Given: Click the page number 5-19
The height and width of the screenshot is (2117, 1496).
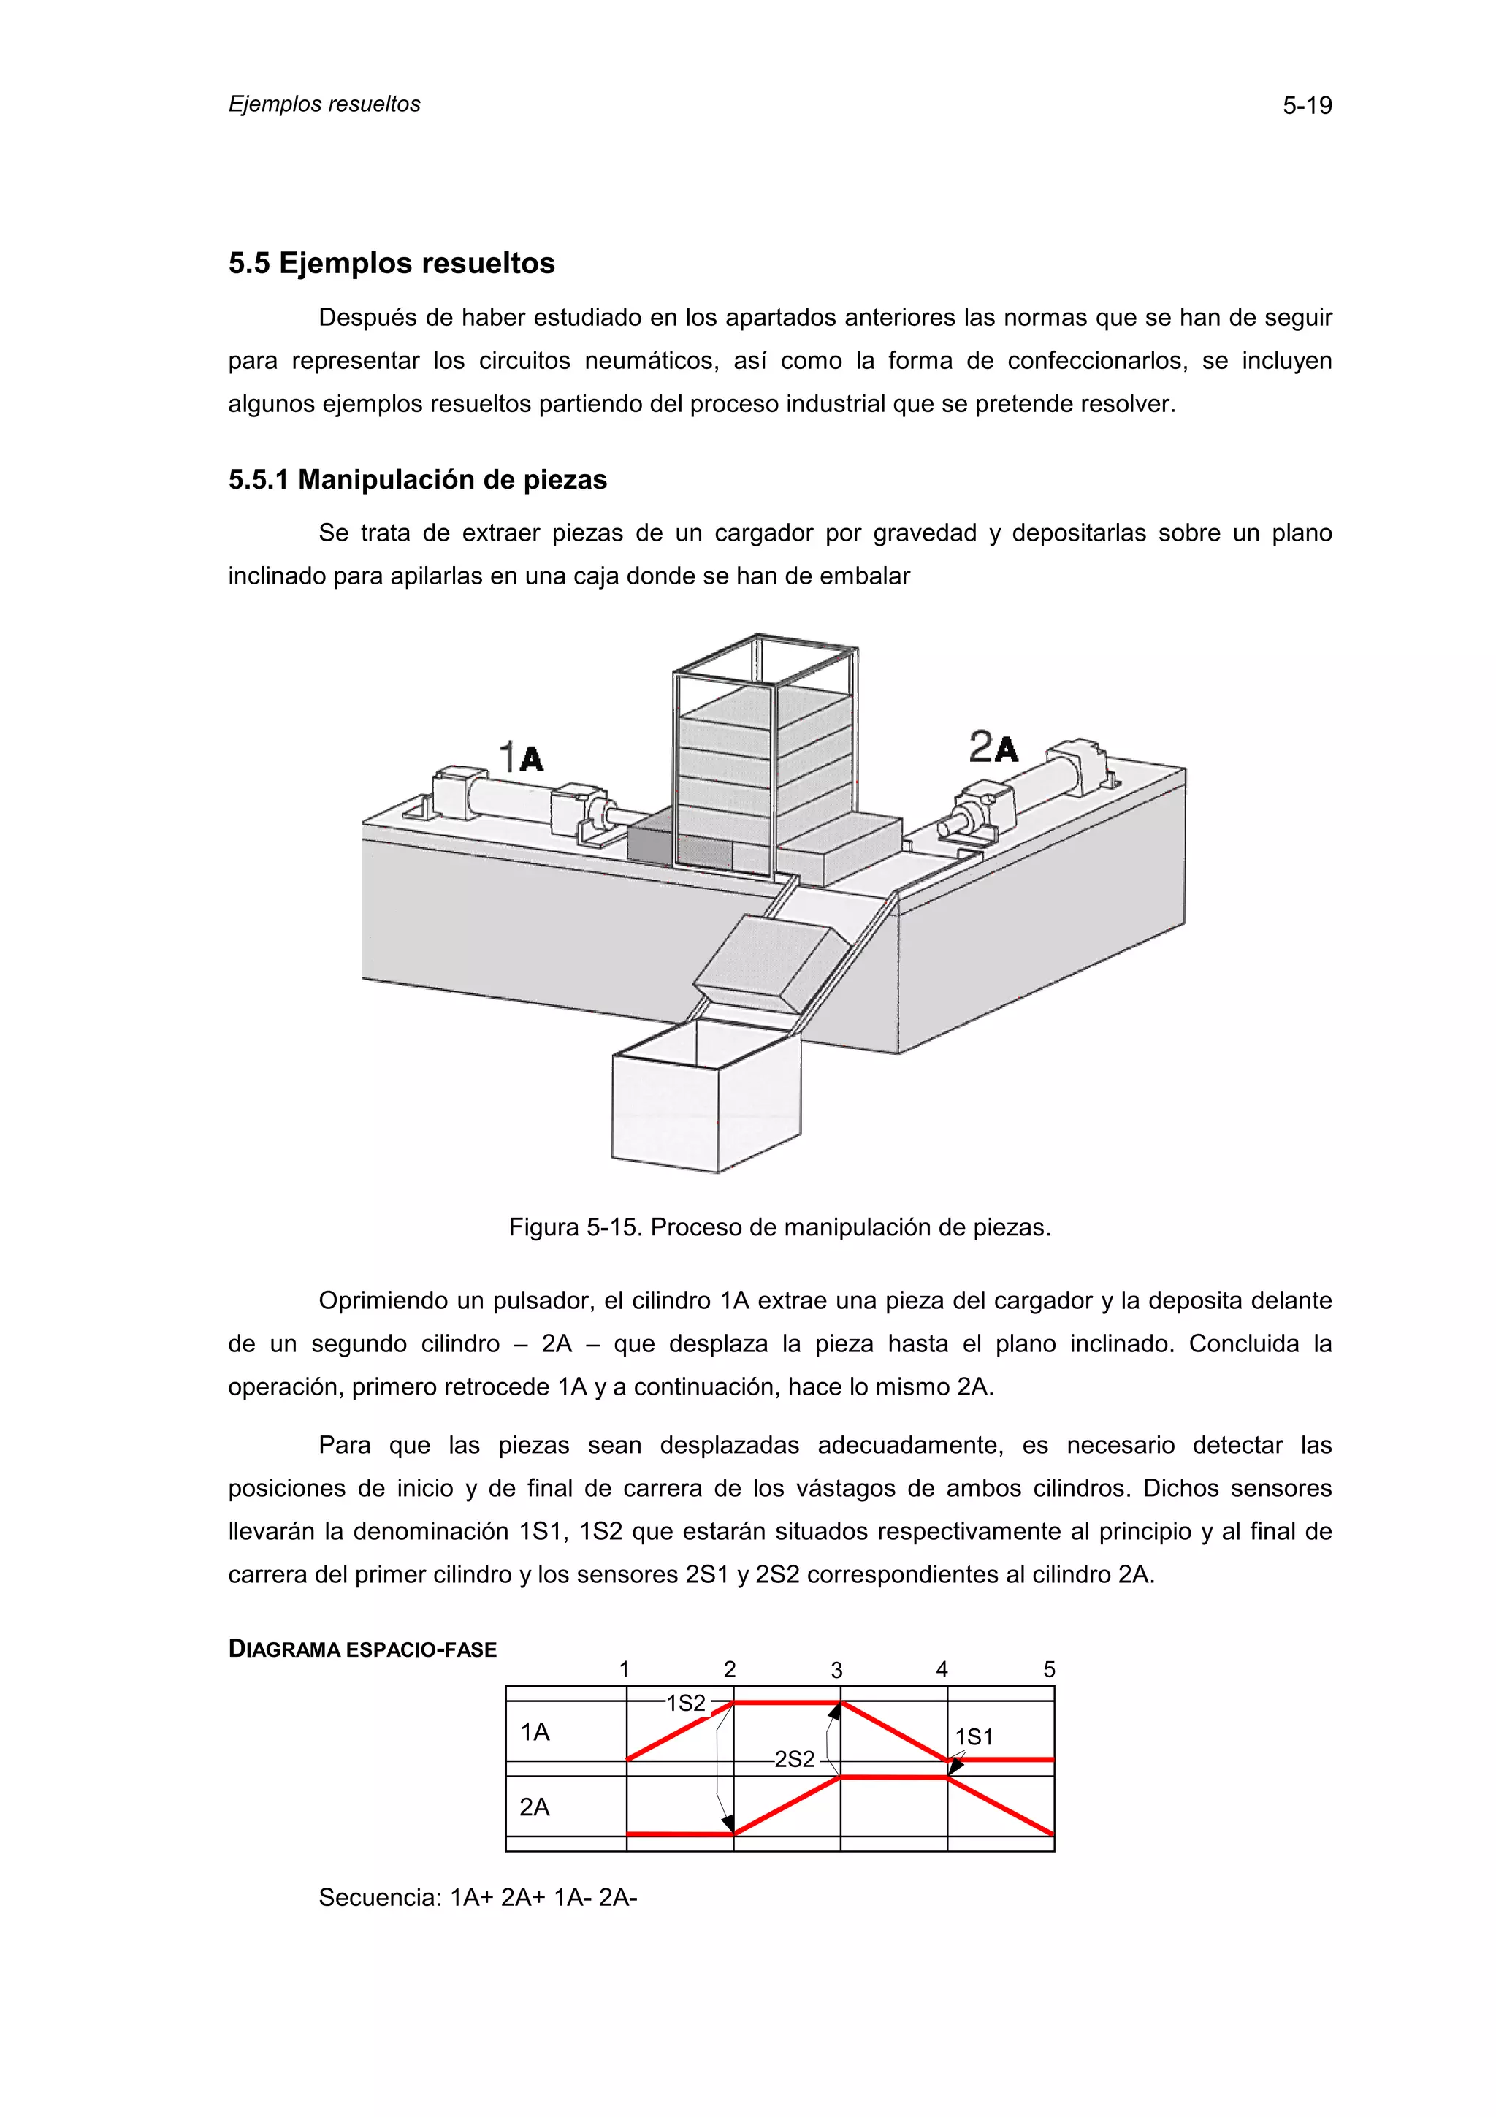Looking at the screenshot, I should point(1306,106).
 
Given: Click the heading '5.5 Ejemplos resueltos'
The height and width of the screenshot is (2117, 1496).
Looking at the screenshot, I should point(392,263).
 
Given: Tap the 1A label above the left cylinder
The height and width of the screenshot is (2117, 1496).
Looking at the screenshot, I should point(522,757).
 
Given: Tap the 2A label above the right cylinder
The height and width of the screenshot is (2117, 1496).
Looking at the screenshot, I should point(993,747).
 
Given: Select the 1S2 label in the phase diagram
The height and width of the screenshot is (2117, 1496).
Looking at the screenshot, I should point(686,1703).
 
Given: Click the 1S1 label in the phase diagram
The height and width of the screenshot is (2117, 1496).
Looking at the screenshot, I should point(974,1737).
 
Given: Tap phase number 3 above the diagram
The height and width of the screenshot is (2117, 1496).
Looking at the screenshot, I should point(836,1670).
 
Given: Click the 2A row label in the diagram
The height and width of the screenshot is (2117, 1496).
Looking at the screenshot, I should point(535,1807).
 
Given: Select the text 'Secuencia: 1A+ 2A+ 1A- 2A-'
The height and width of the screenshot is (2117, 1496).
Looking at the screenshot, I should point(478,1898).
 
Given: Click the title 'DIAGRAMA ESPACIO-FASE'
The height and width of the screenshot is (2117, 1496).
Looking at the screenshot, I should point(362,1649).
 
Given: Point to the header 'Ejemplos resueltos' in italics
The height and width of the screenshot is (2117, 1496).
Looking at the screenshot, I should point(324,104).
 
